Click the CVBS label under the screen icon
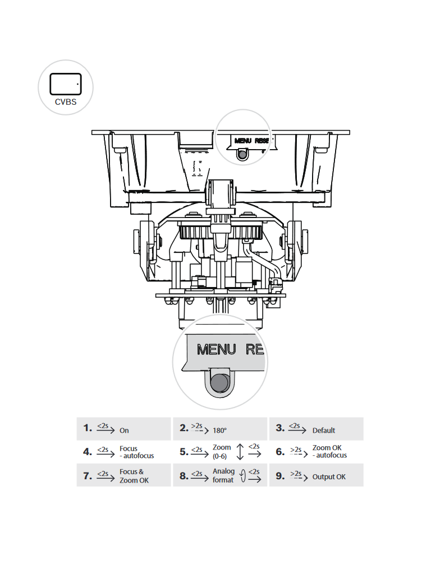coord(66,103)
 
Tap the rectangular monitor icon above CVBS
coord(66,84)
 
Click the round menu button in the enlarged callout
coord(219,383)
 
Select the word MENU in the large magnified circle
coord(217,350)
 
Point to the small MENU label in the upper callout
coord(242,141)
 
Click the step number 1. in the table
coord(87,428)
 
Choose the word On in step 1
coord(124,430)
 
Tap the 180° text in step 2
coord(219,430)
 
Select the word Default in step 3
coord(324,430)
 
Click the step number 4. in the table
coord(87,452)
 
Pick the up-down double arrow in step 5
coord(240,452)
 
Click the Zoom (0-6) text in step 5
coord(222,452)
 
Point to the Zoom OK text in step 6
coord(327,448)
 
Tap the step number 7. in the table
coord(87,476)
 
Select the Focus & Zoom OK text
coord(134,476)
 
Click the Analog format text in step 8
coord(223,476)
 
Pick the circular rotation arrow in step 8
coord(242,476)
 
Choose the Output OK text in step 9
coord(329,477)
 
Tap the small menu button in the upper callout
coord(242,155)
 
